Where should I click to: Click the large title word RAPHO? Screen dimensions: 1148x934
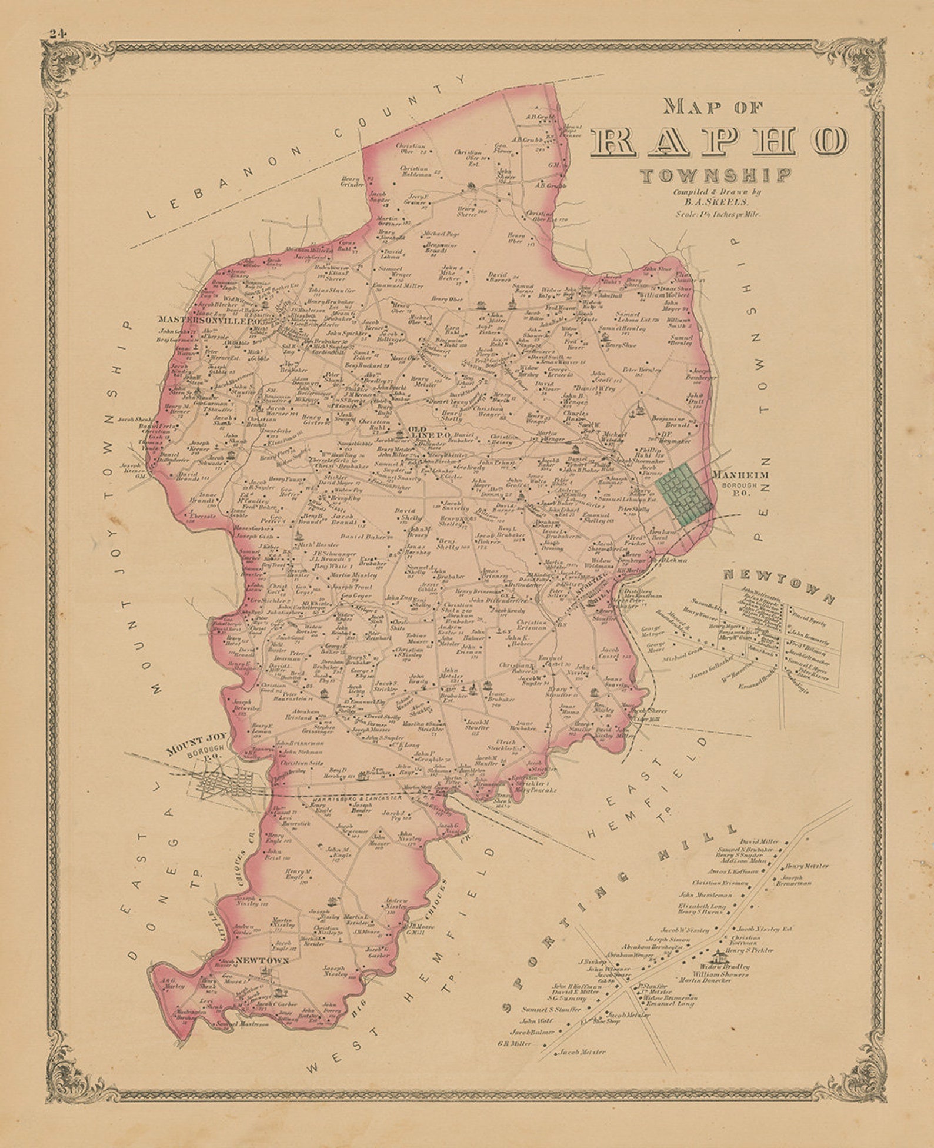tap(720, 141)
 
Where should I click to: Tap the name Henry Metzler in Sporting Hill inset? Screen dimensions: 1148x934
tap(806, 866)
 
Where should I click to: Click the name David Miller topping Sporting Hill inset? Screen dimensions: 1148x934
tap(759, 841)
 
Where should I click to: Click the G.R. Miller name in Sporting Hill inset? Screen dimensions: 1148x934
tap(514, 1043)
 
